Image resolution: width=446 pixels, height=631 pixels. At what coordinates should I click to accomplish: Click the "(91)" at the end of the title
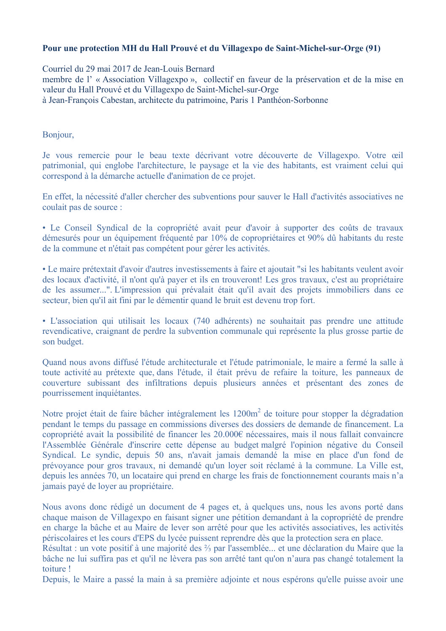coord(373,48)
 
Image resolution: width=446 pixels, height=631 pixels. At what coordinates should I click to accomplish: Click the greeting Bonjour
coord(57,135)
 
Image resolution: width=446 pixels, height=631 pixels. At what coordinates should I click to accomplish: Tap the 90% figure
coord(308,238)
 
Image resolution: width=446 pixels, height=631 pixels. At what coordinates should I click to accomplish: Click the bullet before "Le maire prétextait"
coord(44,269)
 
